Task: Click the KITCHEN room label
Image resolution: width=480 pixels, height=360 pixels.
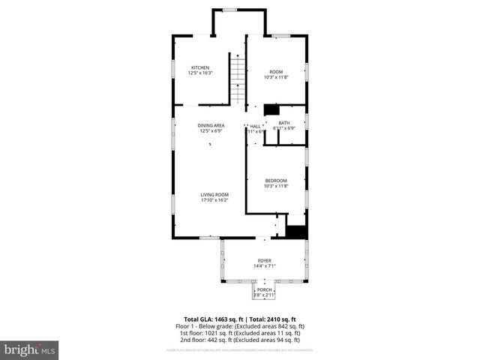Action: click(x=199, y=67)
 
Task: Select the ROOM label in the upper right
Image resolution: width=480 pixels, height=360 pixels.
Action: click(x=276, y=72)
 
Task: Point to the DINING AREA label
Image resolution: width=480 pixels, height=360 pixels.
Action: click(x=211, y=125)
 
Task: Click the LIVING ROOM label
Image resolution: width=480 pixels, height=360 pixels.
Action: click(x=214, y=195)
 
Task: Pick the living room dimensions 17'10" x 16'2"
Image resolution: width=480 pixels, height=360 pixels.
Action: click(x=214, y=200)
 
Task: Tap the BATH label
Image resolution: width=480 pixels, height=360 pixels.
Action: click(x=284, y=123)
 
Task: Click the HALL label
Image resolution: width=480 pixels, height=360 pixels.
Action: click(x=255, y=126)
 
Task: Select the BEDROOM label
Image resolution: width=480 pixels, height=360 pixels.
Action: click(x=276, y=180)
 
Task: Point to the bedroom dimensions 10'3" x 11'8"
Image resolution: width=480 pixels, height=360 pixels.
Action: click(x=276, y=186)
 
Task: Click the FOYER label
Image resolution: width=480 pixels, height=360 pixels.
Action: click(x=264, y=260)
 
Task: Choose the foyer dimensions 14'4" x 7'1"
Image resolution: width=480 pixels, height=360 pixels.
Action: click(x=264, y=266)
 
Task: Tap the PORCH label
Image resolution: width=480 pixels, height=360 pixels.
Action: click(x=264, y=289)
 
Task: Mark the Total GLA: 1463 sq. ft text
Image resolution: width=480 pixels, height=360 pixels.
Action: click(x=213, y=319)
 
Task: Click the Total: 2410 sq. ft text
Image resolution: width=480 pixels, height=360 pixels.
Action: click(x=273, y=319)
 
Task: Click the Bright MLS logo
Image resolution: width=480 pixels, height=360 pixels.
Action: click(x=30, y=349)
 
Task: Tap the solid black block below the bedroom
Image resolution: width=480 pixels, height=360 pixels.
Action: click(x=298, y=231)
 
